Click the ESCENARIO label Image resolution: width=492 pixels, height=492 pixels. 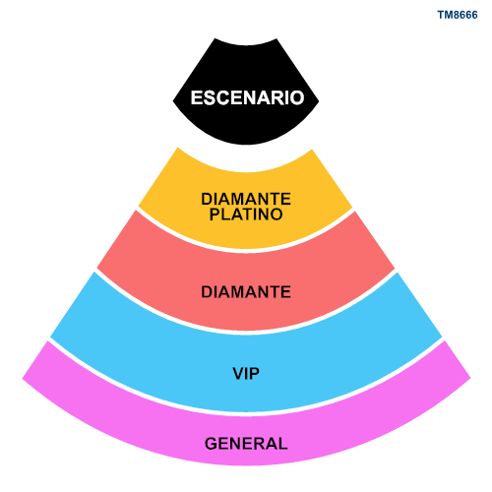(247, 97)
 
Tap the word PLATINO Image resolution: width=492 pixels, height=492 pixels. (246, 215)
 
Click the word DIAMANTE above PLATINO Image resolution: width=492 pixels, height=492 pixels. (246, 199)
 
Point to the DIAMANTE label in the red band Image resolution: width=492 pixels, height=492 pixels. (246, 292)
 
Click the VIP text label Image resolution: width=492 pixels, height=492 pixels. (246, 373)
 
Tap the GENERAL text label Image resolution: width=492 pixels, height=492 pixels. (246, 444)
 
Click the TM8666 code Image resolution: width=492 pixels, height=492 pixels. (458, 15)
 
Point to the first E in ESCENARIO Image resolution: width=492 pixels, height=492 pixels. (197, 97)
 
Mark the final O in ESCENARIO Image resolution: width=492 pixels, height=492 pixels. (297, 97)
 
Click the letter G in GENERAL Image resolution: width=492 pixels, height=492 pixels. (212, 444)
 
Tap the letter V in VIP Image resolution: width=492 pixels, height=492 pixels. (239, 373)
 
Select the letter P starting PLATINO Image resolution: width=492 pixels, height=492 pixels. (215, 215)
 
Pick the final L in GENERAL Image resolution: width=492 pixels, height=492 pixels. (282, 444)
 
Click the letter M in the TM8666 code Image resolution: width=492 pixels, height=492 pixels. (449, 15)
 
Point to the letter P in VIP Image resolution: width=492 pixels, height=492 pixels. (255, 373)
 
